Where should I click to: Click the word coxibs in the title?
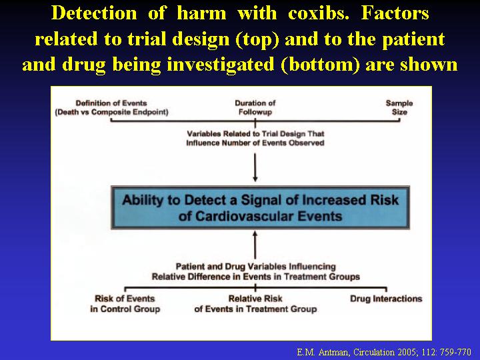click(319, 13)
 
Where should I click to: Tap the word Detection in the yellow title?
click(94, 13)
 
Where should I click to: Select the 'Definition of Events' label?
click(111, 103)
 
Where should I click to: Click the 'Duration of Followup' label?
click(255, 107)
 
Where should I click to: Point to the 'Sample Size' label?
click(399, 107)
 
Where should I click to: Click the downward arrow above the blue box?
click(255, 167)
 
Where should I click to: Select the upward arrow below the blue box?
click(255, 245)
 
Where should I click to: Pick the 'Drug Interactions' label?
click(386, 299)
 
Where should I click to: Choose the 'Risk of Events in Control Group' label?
click(125, 304)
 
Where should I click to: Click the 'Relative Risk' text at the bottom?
click(255, 299)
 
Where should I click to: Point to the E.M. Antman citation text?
click(384, 352)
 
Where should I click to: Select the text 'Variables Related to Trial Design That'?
click(255, 134)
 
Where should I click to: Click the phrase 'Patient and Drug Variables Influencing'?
click(255, 266)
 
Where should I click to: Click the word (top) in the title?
click(257, 39)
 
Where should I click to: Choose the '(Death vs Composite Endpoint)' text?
click(112, 112)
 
